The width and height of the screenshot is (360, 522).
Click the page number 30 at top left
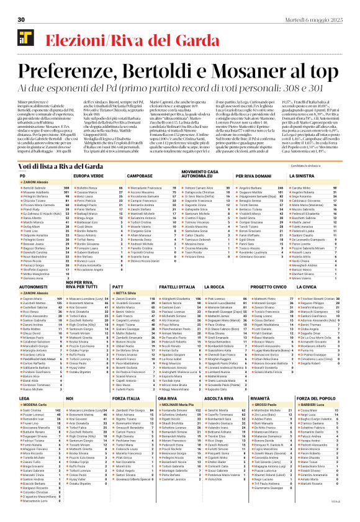point(21,20)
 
